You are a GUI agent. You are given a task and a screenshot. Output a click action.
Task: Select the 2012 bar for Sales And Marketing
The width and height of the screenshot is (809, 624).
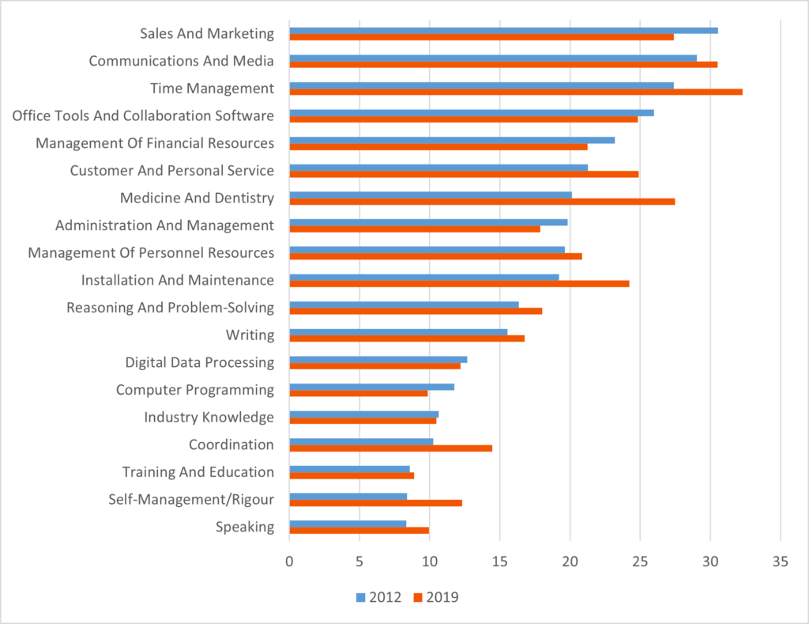click(503, 30)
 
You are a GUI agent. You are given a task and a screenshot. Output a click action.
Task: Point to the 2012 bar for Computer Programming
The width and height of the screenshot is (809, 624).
click(371, 387)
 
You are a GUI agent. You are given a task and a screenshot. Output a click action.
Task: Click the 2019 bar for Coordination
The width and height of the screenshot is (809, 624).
click(390, 448)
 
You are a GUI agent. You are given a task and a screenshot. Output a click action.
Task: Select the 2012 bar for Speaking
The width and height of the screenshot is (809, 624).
click(348, 524)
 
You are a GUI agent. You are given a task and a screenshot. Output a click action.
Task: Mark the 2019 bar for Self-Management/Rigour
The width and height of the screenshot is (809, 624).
click(375, 503)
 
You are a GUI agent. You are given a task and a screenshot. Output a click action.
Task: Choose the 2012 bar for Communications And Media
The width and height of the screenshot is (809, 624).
click(493, 58)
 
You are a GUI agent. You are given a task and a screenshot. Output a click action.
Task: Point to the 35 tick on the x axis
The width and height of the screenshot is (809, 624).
click(781, 562)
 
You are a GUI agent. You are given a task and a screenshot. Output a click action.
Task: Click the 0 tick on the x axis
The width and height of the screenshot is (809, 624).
click(289, 562)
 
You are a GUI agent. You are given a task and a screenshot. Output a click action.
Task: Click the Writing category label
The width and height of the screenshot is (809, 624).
click(250, 335)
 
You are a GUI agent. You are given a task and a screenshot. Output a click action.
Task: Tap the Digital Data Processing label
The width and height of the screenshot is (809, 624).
click(199, 362)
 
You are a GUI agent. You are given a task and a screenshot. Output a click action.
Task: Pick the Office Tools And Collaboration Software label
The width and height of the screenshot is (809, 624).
click(143, 115)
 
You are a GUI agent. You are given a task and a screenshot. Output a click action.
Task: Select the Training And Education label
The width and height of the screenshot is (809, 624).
click(198, 472)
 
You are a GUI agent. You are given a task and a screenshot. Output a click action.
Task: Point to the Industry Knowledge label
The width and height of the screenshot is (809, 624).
click(209, 417)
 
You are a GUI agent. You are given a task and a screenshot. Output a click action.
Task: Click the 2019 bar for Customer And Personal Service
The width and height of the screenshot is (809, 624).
click(464, 174)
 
